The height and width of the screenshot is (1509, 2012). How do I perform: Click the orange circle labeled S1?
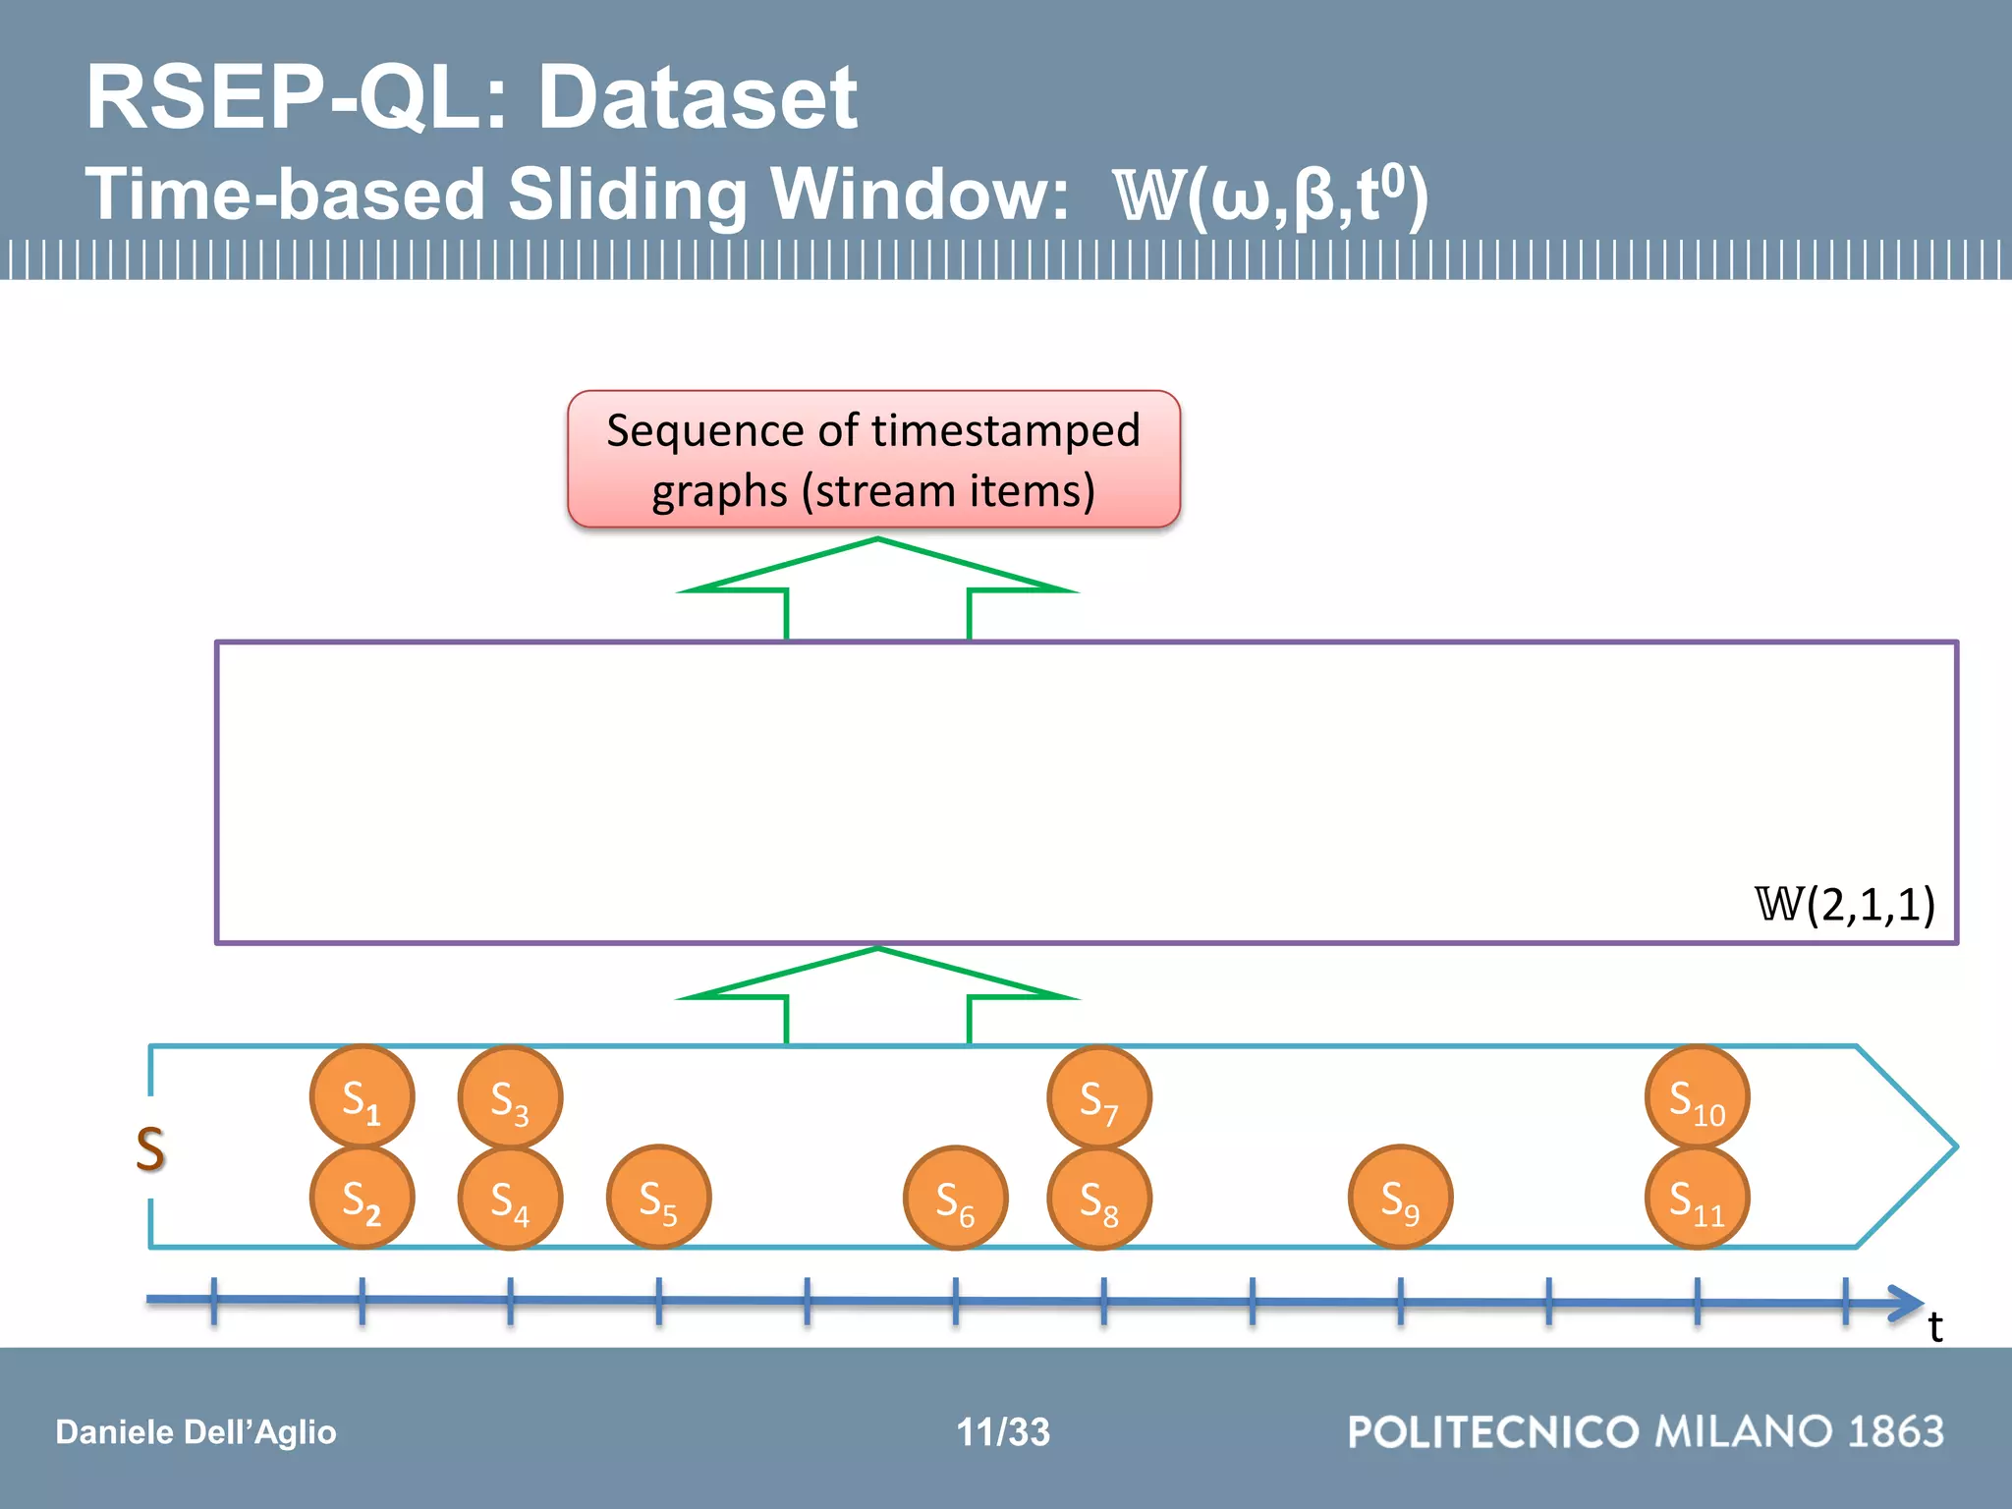click(x=362, y=1096)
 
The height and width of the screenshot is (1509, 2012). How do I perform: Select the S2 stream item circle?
click(x=362, y=1198)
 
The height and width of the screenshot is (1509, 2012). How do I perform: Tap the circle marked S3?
click(x=510, y=1096)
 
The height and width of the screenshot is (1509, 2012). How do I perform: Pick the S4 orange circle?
click(x=510, y=1198)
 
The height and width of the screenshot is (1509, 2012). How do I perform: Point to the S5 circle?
click(x=658, y=1198)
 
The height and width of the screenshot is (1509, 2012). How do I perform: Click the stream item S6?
click(x=955, y=1198)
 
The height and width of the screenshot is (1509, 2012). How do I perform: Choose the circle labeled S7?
click(x=1099, y=1096)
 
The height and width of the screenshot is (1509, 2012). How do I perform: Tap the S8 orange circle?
click(x=1099, y=1198)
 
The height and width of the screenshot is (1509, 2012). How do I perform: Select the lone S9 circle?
click(x=1400, y=1198)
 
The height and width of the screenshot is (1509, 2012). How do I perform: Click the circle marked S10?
click(x=1697, y=1096)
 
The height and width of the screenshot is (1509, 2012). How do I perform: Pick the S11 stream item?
click(x=1697, y=1198)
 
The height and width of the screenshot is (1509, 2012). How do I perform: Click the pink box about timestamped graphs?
click(x=873, y=459)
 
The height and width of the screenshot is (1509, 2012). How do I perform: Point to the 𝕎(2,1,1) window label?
click(x=1845, y=904)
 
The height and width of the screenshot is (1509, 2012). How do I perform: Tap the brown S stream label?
click(x=150, y=1148)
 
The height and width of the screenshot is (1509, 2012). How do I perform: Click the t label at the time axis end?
click(x=1934, y=1327)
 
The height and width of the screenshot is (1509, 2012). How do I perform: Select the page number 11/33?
click(x=1003, y=1431)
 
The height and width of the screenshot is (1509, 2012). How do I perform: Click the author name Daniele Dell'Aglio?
click(x=196, y=1431)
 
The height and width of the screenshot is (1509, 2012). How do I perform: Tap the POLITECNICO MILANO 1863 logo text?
click(x=1646, y=1431)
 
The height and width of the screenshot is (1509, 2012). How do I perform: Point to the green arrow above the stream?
click(x=877, y=994)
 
